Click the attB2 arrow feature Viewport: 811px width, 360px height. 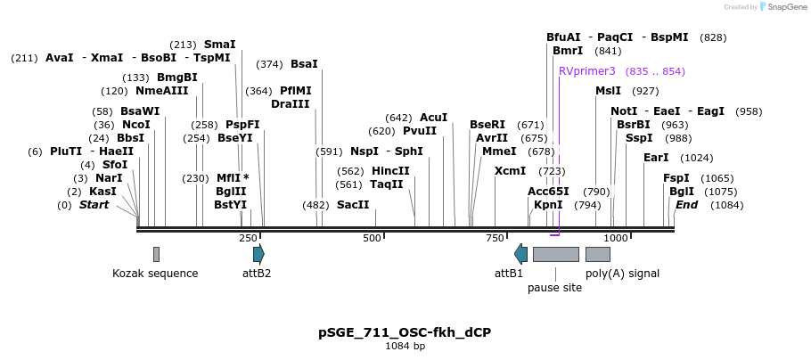[258, 254]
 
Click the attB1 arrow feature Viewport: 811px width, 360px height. [521, 254]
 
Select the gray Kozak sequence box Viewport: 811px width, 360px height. [156, 254]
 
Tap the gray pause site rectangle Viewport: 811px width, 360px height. [555, 254]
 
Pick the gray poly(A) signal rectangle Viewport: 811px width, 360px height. [597, 254]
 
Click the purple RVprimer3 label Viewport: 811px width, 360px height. [586, 71]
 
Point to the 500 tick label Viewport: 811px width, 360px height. [372, 238]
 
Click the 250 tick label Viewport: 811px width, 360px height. [248, 238]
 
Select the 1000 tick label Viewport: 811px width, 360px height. [616, 238]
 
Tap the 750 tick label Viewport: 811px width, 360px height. [495, 238]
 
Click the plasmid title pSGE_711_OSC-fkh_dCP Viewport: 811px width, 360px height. [405, 332]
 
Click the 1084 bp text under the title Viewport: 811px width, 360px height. [405, 346]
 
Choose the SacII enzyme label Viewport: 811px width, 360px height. [352, 205]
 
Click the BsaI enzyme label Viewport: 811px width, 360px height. [304, 64]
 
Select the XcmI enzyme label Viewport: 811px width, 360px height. [510, 170]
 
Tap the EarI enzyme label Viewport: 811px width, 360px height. [656, 158]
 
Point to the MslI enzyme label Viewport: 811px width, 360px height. [608, 91]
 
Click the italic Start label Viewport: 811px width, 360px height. [94, 205]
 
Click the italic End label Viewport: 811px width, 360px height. [686, 205]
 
